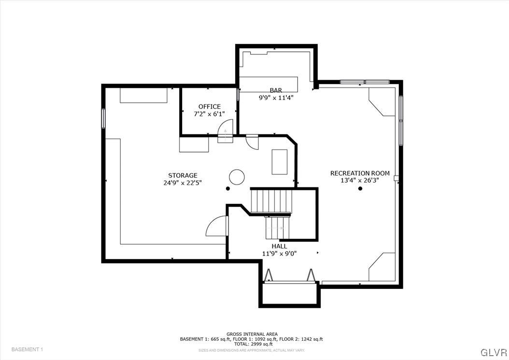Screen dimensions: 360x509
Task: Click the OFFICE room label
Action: tap(209, 107)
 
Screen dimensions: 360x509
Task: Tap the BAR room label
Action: tap(276, 90)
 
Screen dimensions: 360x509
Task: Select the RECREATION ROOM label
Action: tap(360, 173)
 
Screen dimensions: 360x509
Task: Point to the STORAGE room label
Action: tap(183, 175)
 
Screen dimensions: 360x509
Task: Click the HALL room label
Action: tap(279, 246)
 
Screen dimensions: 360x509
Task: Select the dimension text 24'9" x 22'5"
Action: tap(183, 183)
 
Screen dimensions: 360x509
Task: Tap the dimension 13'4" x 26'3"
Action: tap(360, 180)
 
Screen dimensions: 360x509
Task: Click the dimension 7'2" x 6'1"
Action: tap(209, 114)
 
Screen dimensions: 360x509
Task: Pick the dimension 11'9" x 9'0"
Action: tap(279, 253)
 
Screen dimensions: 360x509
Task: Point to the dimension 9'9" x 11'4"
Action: tap(276, 98)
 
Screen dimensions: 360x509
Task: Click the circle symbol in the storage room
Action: tap(237, 177)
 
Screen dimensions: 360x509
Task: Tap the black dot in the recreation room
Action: tap(360, 188)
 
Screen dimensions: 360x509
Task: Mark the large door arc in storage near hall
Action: tap(216, 226)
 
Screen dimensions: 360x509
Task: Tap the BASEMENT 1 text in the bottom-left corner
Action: tap(27, 349)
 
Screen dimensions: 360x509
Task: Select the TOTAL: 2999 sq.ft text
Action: tap(251, 344)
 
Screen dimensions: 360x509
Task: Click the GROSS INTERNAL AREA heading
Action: tap(251, 334)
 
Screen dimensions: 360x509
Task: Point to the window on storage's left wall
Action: tap(103, 118)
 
